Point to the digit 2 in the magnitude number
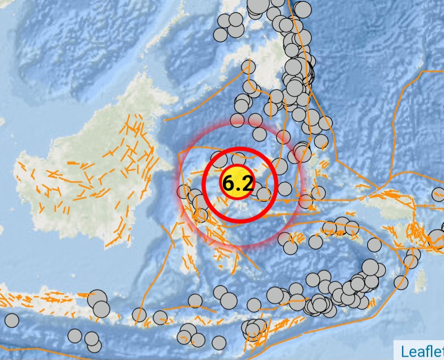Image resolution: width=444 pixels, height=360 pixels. click(x=247, y=184)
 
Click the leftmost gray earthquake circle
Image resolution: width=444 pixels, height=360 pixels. click(x=12, y=320)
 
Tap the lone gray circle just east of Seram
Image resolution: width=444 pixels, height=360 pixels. click(x=374, y=244)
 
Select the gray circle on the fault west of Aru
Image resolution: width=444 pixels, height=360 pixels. click(x=401, y=282)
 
